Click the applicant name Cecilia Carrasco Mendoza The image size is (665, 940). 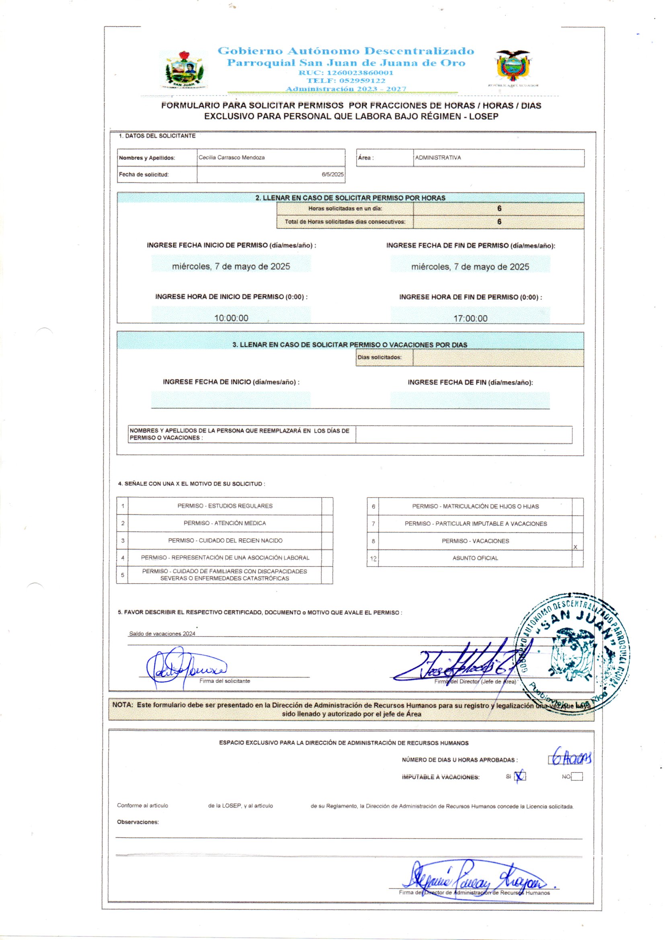pyautogui.click(x=231, y=158)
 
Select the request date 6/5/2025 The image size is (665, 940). pyautogui.click(x=332, y=174)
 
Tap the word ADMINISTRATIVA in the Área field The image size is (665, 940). pyautogui.click(x=438, y=158)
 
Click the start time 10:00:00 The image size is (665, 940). pyautogui.click(x=231, y=318)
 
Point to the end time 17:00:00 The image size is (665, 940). pyautogui.click(x=470, y=318)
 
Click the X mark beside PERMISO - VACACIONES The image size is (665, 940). pyautogui.click(x=575, y=547)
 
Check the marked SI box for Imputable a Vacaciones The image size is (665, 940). pyautogui.click(x=519, y=776)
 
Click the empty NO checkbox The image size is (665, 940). pyautogui.click(x=577, y=777)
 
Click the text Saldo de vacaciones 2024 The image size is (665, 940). pyautogui.click(x=162, y=634)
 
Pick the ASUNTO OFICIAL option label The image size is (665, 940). pyautogui.click(x=475, y=558)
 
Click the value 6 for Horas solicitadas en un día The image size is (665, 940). pyautogui.click(x=499, y=209)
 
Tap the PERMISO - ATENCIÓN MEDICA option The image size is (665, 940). pyautogui.click(x=224, y=523)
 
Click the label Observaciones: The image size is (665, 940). pyautogui.click(x=138, y=822)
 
